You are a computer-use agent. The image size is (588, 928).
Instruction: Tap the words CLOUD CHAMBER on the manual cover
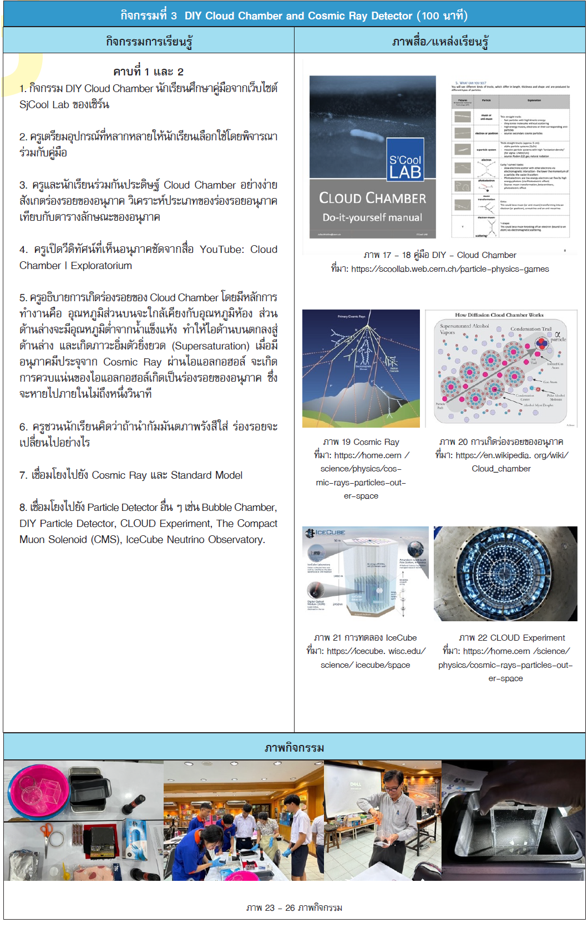coord(372,198)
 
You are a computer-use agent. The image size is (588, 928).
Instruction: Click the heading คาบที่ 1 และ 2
coord(148,72)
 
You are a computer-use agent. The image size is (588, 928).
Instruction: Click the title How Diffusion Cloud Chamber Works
coord(499,315)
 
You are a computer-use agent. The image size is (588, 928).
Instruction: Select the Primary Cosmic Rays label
coord(352,317)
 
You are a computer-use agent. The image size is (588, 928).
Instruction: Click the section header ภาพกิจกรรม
coord(294,748)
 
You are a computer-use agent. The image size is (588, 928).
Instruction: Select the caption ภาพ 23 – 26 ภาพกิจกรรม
coord(294,908)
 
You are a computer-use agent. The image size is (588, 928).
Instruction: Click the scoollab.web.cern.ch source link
coord(450,269)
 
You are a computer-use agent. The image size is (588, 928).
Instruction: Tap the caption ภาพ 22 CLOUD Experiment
coord(511,638)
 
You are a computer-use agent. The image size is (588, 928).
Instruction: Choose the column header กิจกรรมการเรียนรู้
coord(149,41)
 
